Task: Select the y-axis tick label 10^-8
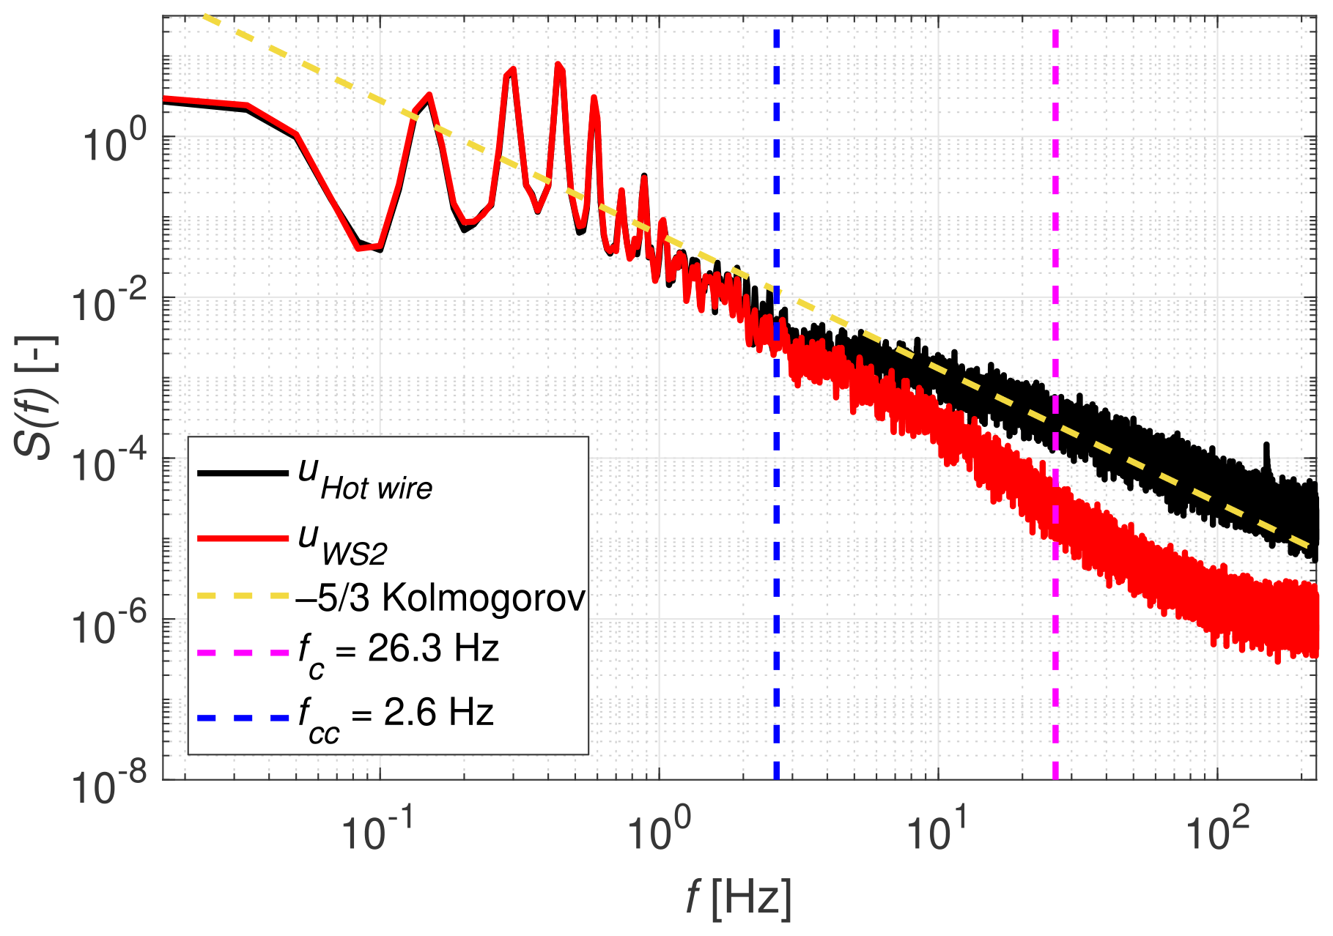coord(108,785)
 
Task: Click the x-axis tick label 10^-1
coord(374,832)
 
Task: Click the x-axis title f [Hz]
coord(739,897)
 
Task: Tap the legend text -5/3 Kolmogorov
coord(440,598)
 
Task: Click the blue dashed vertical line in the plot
coord(776,513)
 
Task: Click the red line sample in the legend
coord(243,539)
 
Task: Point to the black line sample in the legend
coord(243,474)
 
